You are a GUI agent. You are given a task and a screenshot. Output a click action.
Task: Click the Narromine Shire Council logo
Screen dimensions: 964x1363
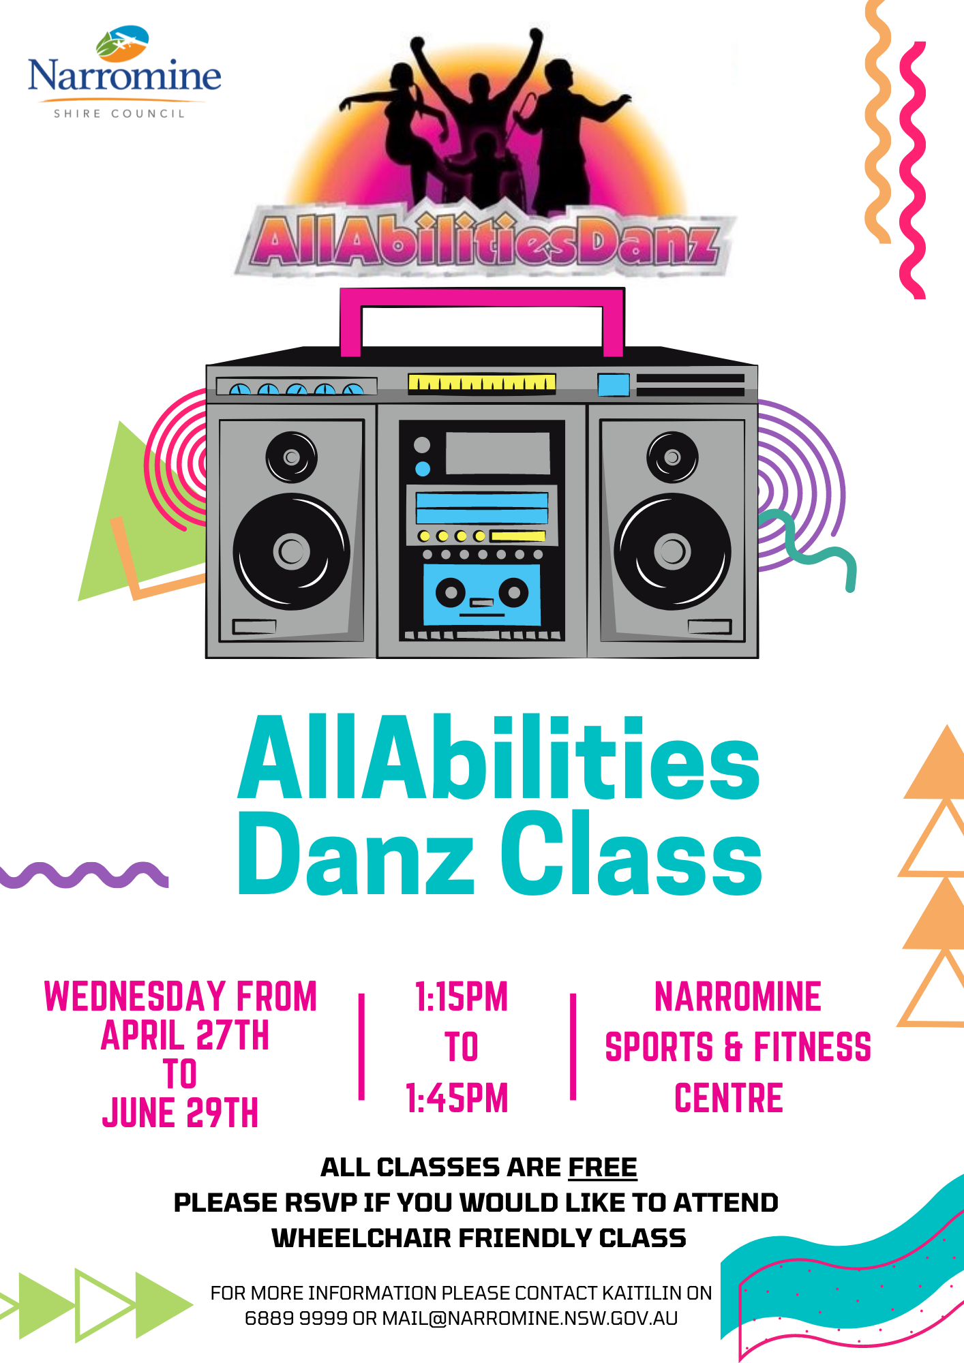pos(124,72)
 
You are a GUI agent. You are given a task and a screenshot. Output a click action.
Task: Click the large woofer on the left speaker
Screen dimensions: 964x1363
pos(292,551)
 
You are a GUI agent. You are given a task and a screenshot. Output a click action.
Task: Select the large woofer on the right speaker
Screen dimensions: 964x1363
pos(672,551)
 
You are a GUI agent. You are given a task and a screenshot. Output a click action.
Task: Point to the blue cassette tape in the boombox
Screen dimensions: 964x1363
pos(482,594)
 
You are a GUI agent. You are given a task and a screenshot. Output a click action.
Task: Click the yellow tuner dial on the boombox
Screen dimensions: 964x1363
pos(482,384)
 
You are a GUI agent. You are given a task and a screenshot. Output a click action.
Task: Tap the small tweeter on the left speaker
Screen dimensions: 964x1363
pos(292,457)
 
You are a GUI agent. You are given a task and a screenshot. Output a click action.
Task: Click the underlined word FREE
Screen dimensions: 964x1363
pos(603,1167)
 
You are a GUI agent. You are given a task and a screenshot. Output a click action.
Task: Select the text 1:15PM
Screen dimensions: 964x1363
pos(462,996)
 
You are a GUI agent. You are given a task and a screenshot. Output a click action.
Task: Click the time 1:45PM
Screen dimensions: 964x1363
pos(457,1098)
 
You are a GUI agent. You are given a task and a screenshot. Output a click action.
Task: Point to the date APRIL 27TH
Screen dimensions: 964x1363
pos(185,1035)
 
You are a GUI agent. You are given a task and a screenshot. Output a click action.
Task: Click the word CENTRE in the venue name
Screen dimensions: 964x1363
pos(729,1098)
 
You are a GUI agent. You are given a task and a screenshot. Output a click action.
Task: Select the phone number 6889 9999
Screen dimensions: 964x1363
pos(296,1318)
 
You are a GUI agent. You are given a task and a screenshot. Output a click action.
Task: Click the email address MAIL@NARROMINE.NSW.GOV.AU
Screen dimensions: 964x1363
pos(530,1318)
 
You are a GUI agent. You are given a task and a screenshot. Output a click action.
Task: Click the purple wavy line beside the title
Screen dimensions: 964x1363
pos(84,875)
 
